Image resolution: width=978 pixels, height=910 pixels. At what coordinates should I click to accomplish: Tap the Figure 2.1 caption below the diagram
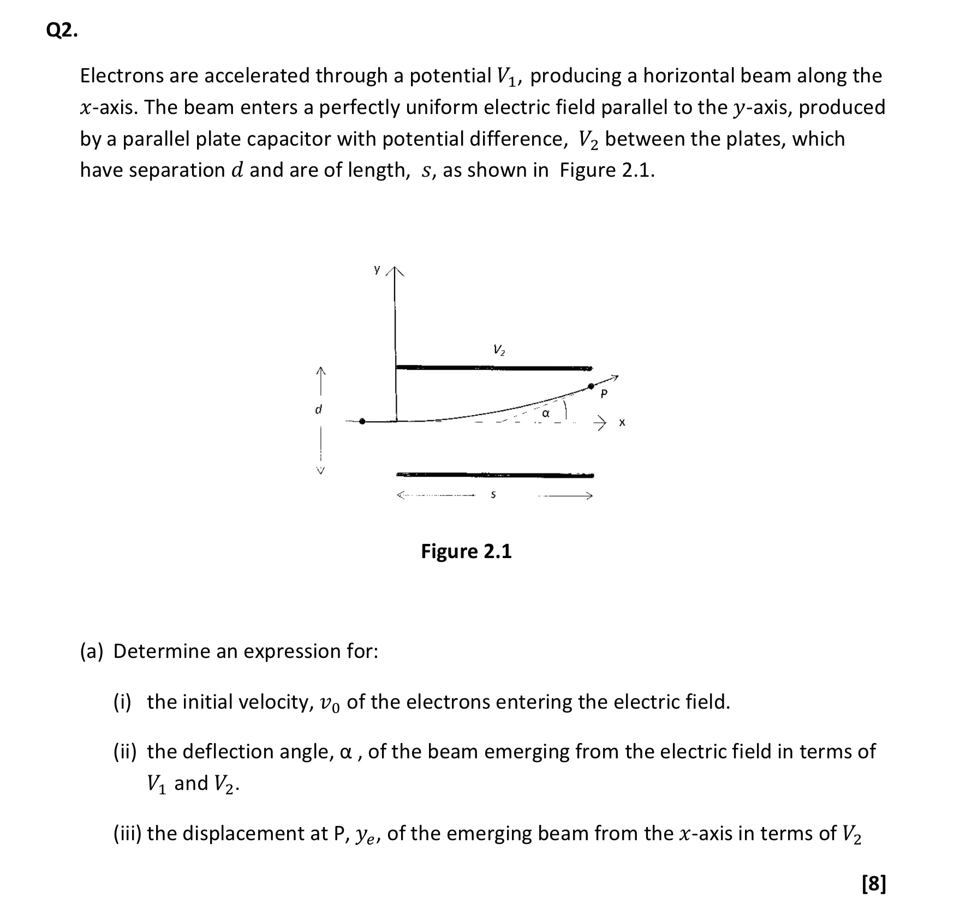point(466,552)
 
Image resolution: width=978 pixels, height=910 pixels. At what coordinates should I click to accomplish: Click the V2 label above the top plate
point(499,350)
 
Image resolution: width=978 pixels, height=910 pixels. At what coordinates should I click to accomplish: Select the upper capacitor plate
point(494,368)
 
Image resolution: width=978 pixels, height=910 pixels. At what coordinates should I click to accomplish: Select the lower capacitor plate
point(494,475)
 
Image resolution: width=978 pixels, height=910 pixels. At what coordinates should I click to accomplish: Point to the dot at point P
point(591,386)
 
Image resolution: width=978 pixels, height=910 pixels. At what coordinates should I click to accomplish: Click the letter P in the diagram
point(604,393)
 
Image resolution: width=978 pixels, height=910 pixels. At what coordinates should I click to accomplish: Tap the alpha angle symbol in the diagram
point(545,414)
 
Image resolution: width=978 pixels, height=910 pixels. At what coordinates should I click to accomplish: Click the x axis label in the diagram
point(623,422)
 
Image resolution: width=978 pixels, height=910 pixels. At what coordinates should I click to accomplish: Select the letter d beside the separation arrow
point(319,409)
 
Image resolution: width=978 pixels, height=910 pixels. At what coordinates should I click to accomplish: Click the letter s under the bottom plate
point(493,495)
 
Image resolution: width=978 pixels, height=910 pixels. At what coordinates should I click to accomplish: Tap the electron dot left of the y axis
point(362,421)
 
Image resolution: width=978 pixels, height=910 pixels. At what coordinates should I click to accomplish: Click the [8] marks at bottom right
point(874,883)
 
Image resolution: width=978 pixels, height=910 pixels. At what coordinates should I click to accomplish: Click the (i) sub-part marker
point(122,702)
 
